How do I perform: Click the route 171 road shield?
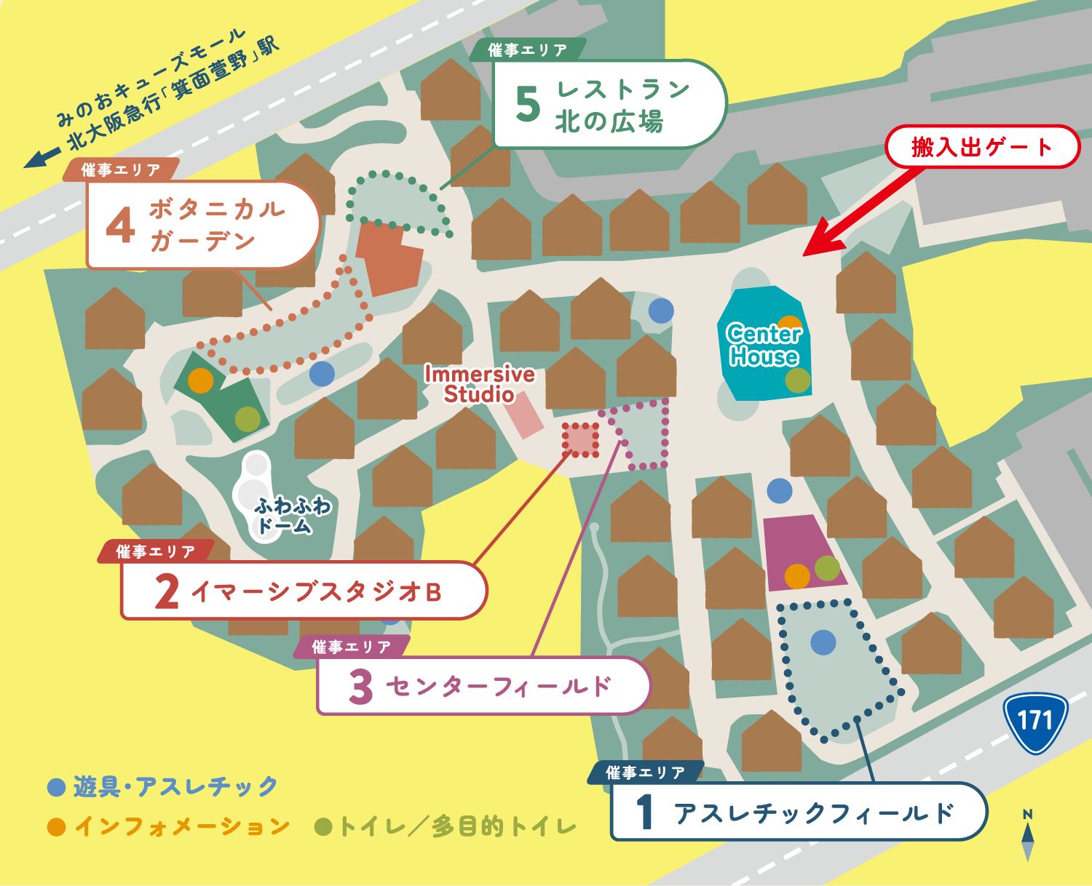click(x=1035, y=722)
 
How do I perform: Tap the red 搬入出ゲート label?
click(x=981, y=147)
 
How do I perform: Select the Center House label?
click(x=764, y=345)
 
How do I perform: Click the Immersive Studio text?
click(x=479, y=384)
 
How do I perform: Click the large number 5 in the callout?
click(x=528, y=104)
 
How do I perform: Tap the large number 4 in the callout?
click(x=120, y=225)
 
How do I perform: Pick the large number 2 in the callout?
click(x=167, y=591)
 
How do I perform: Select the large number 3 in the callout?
click(x=360, y=687)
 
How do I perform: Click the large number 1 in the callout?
click(x=644, y=813)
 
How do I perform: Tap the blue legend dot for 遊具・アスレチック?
click(x=56, y=787)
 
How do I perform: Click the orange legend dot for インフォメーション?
click(x=56, y=827)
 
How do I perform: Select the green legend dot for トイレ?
click(x=323, y=827)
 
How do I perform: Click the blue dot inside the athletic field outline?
click(x=823, y=642)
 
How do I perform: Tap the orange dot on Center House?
click(x=790, y=322)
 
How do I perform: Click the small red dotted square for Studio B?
click(x=580, y=440)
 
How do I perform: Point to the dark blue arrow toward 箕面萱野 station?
click(x=41, y=157)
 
